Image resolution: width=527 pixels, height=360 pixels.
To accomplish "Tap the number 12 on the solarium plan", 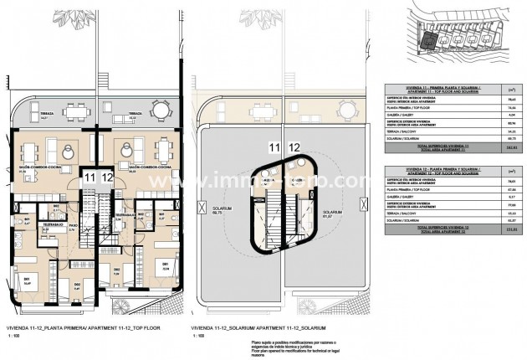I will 294,149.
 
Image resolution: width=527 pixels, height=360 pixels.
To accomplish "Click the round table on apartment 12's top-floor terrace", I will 158,109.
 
